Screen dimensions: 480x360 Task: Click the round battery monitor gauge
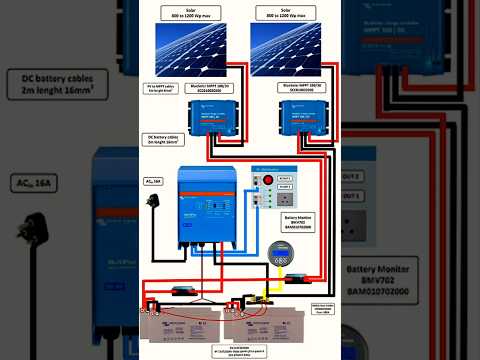276,251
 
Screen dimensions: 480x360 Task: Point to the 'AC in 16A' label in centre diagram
154,181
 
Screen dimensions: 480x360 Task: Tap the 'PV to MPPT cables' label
162,89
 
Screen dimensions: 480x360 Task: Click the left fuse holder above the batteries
184,291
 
